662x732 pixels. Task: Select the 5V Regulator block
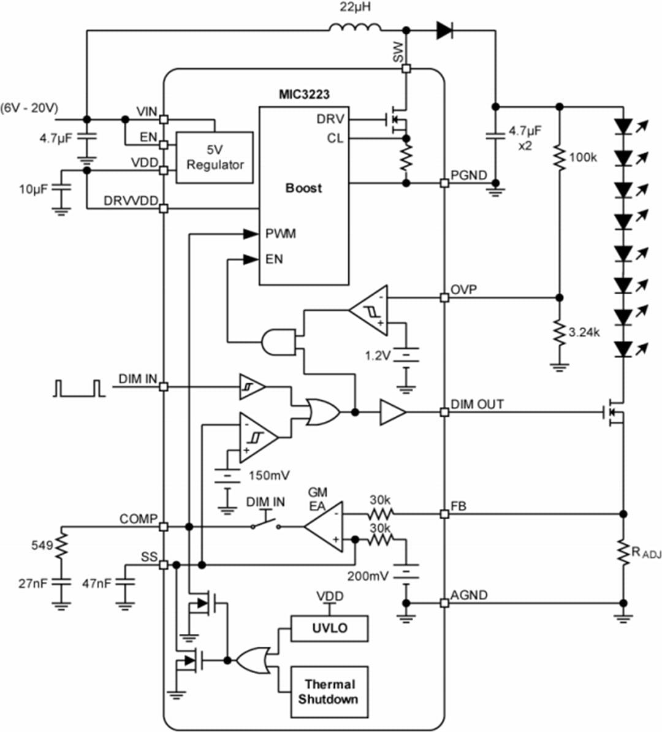(x=215, y=158)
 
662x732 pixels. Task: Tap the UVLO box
(x=329, y=628)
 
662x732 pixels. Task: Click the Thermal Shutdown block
(x=329, y=692)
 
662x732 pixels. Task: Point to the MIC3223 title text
(x=304, y=95)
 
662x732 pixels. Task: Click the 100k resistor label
(x=583, y=158)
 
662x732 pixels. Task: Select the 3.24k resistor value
(x=584, y=333)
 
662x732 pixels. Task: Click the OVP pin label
(x=464, y=289)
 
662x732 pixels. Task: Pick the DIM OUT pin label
(x=477, y=405)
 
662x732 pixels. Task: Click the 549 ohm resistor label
(x=42, y=544)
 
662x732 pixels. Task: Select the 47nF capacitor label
(x=96, y=583)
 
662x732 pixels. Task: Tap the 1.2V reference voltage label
(x=377, y=355)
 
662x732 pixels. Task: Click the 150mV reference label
(x=269, y=475)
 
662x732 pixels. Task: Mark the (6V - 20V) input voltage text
(x=29, y=109)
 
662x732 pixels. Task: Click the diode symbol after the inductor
(x=444, y=29)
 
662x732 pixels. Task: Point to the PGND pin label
(x=469, y=175)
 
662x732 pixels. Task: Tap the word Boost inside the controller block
(x=303, y=188)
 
